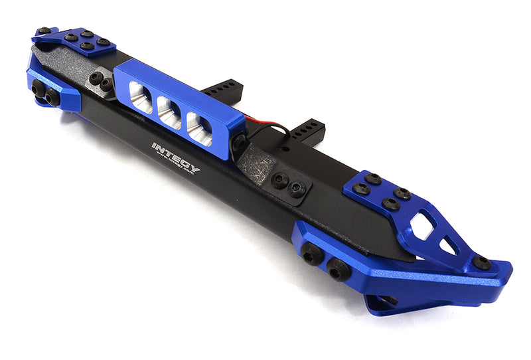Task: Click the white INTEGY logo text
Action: (x=175, y=155)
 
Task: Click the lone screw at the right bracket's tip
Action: (x=481, y=263)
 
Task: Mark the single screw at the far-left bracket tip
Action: (x=44, y=31)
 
